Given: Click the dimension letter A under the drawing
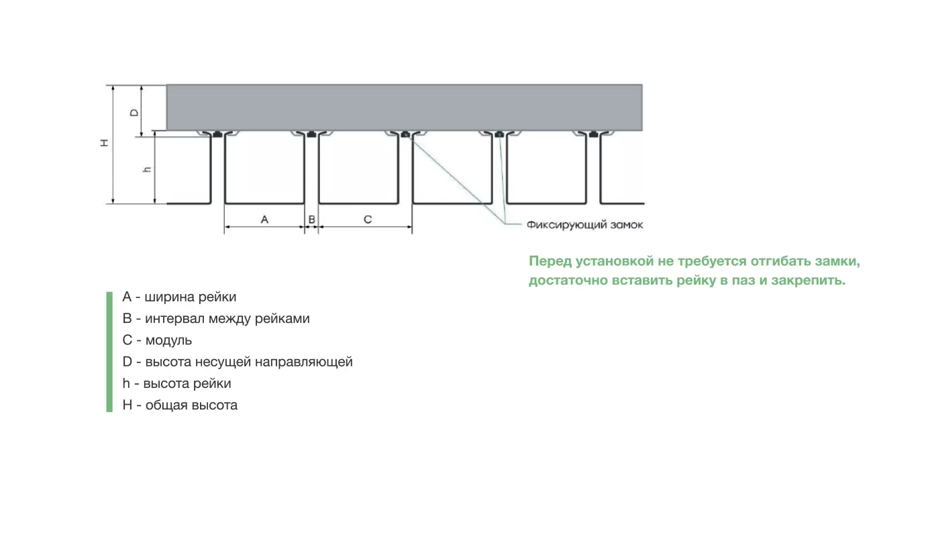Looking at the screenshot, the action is [x=264, y=219].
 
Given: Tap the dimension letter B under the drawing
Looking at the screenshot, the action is [x=311, y=219].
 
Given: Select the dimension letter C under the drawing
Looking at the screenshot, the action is [x=368, y=219].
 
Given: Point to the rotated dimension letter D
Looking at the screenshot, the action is [x=134, y=112].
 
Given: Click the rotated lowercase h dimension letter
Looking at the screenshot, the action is [x=147, y=169].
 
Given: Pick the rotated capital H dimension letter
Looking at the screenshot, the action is [x=105, y=143].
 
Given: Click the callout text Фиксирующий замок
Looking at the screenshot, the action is [x=584, y=226].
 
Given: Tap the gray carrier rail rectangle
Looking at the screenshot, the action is [x=405, y=107].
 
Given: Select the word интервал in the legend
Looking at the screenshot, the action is [x=175, y=319].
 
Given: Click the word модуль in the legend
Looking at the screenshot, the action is [x=168, y=341].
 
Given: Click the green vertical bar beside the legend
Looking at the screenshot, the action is [x=109, y=352].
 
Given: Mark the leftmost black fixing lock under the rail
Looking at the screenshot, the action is [x=217, y=134].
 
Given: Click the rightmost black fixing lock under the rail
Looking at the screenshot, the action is [x=593, y=134].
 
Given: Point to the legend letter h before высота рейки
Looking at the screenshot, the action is [x=126, y=383].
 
